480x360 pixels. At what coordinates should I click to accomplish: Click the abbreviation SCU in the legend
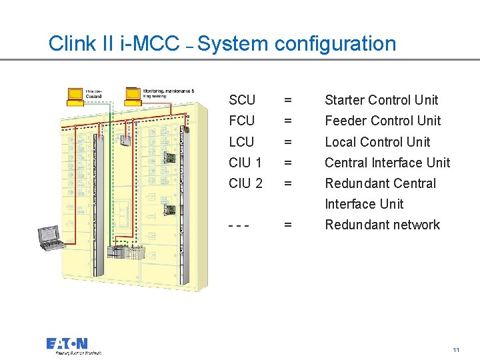pyautogui.click(x=241, y=100)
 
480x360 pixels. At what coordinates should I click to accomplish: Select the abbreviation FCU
pyautogui.click(x=241, y=121)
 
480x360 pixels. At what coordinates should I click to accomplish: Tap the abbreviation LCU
pyautogui.click(x=241, y=142)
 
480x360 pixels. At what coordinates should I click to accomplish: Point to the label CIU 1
pyautogui.click(x=245, y=163)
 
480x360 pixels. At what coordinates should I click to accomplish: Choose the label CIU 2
pyautogui.click(x=245, y=183)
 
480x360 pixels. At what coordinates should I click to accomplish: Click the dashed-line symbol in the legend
pyautogui.click(x=239, y=225)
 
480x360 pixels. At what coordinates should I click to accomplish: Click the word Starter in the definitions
pyautogui.click(x=345, y=100)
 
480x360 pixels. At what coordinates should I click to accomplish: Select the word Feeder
pyautogui.click(x=346, y=121)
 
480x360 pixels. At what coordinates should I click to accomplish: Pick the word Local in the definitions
pyautogui.click(x=341, y=142)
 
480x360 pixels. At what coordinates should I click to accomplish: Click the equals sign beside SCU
pyautogui.click(x=287, y=101)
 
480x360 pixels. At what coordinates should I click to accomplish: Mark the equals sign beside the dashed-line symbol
pyautogui.click(x=287, y=225)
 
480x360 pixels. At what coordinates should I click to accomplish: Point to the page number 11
pyautogui.click(x=456, y=350)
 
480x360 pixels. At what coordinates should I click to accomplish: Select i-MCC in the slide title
pyautogui.click(x=150, y=44)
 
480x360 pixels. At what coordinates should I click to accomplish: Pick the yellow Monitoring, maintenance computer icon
pyautogui.click(x=134, y=96)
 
